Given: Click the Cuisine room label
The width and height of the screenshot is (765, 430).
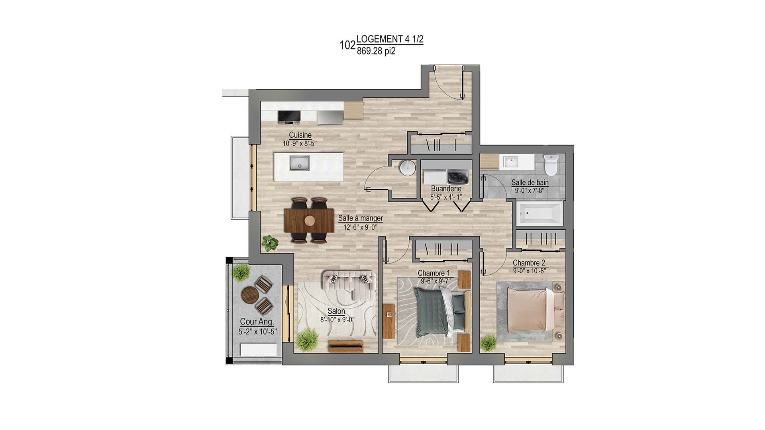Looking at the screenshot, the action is pyautogui.click(x=300, y=135).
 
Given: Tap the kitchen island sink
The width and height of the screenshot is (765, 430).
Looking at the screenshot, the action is pyautogui.click(x=300, y=162).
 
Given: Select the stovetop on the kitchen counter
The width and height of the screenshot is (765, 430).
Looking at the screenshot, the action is pyautogui.click(x=289, y=116).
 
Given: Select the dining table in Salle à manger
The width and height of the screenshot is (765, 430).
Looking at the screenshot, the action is pyautogui.click(x=310, y=220).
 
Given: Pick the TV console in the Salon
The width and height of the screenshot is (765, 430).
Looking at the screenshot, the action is pyautogui.click(x=346, y=346).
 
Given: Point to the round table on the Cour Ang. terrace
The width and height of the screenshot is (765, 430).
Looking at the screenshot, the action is pyautogui.click(x=250, y=295).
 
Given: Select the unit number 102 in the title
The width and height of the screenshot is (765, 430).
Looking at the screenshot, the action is pyautogui.click(x=347, y=45).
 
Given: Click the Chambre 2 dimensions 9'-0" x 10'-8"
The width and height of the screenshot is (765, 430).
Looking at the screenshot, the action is pyautogui.click(x=529, y=271).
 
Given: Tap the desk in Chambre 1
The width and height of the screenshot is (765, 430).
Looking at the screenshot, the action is pyautogui.click(x=388, y=321).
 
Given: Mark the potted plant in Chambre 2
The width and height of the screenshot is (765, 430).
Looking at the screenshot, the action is pyautogui.click(x=488, y=342).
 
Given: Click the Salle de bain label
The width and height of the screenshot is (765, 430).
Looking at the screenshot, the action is pyautogui.click(x=530, y=183).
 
